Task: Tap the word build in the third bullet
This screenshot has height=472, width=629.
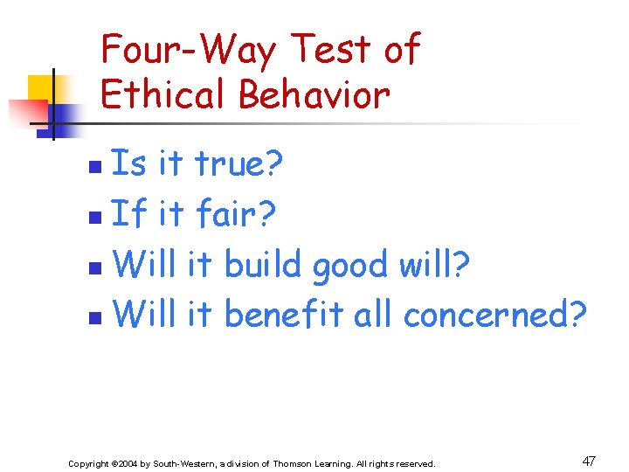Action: coord(262,263)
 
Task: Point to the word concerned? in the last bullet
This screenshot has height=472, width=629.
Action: coord(494,313)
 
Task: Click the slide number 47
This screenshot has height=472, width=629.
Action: coord(589,461)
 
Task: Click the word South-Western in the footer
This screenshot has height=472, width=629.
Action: coord(183,463)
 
